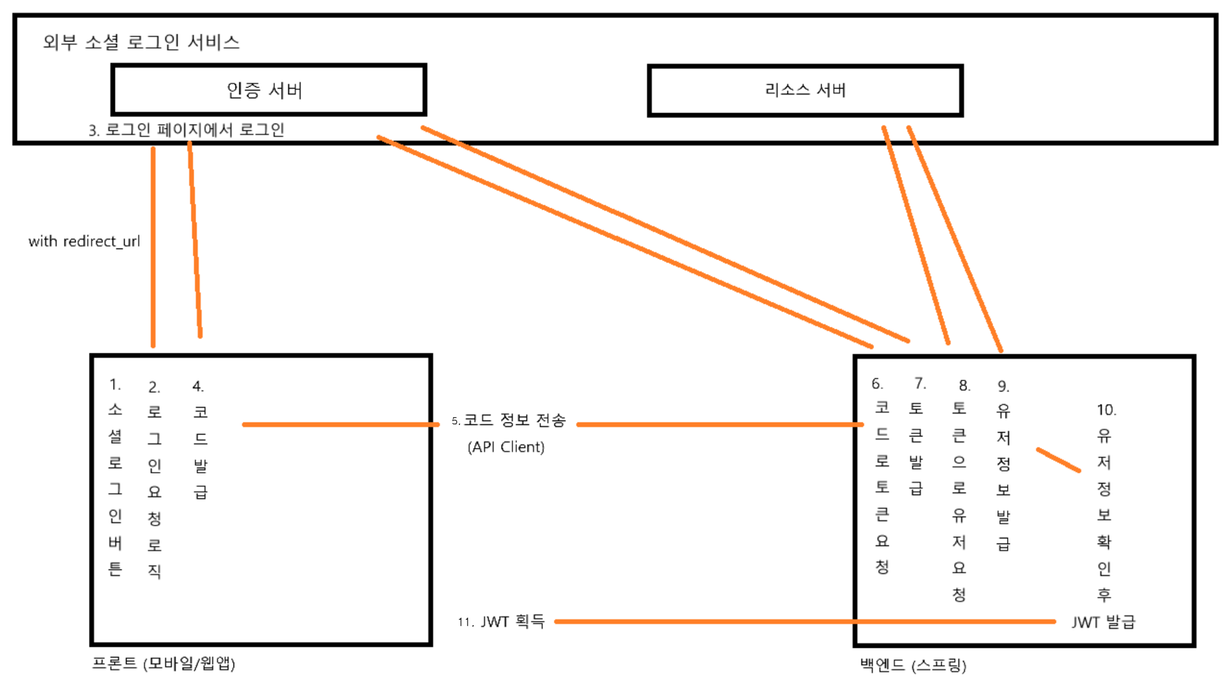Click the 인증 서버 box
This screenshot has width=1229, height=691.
pyautogui.click(x=269, y=90)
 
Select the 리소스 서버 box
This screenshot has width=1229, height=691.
pyautogui.click(x=805, y=90)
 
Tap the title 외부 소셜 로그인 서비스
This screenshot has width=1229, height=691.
pyautogui.click(x=141, y=42)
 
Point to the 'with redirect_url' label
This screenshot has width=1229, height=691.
pyautogui.click(x=84, y=241)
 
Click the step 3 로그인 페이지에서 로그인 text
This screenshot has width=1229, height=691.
pyautogui.click(x=186, y=130)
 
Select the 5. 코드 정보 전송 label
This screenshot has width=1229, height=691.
pyautogui.click(x=508, y=421)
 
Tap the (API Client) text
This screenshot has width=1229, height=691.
pyautogui.click(x=506, y=447)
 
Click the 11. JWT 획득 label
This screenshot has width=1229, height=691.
pyautogui.click(x=501, y=622)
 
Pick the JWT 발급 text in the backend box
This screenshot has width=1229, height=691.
pyautogui.click(x=1103, y=622)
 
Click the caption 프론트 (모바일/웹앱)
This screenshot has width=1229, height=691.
pyautogui.click(x=163, y=663)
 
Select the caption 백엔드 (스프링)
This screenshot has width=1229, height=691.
pyautogui.click(x=913, y=665)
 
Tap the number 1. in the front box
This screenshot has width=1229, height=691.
pyautogui.click(x=115, y=385)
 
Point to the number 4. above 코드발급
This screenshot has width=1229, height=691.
pyautogui.click(x=198, y=386)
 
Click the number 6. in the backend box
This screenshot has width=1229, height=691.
pyautogui.click(x=877, y=384)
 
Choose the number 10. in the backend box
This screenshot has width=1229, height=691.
pyautogui.click(x=1106, y=410)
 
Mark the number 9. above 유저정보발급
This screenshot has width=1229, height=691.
pyautogui.click(x=1003, y=386)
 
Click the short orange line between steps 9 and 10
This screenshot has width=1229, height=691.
pyautogui.click(x=1058, y=460)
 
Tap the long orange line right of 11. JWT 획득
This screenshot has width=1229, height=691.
pyautogui.click(x=799, y=622)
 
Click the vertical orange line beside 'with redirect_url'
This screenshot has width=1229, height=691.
pyautogui.click(x=153, y=246)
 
